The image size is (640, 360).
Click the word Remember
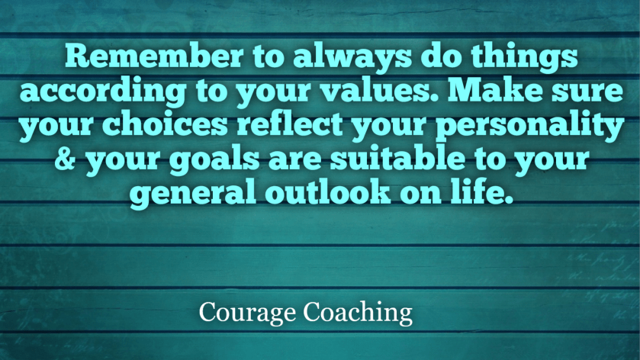pos(154,56)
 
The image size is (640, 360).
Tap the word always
pos(352,57)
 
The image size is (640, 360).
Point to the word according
pos(103,91)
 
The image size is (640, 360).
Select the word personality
pos(530,127)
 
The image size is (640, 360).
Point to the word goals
pos(214,160)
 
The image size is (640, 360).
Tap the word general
pos(193,194)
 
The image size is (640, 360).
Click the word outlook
pos(328,192)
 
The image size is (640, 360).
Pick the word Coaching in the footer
pos(358,313)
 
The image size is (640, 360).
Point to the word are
pos(294,160)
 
